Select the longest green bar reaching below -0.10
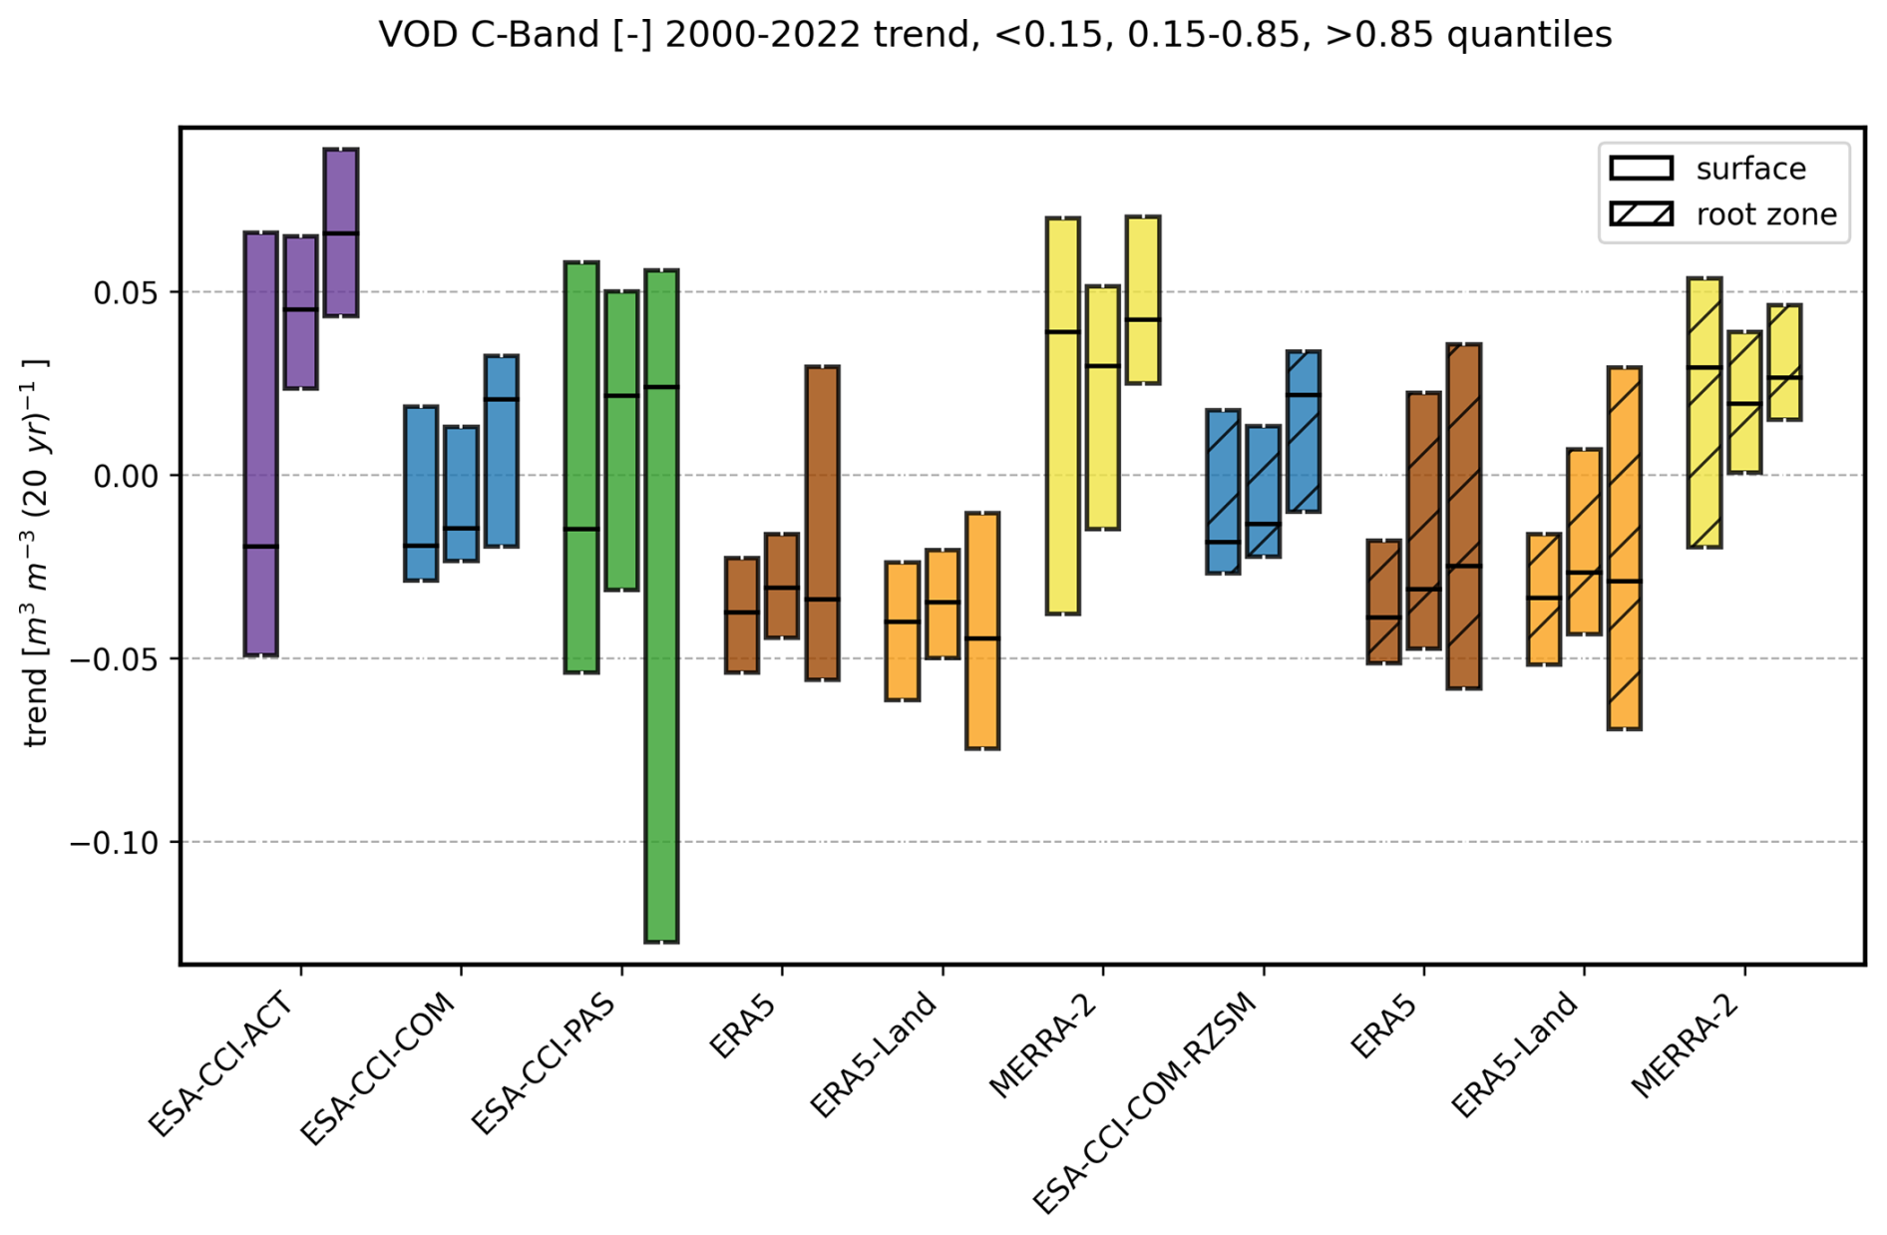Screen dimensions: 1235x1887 [661, 606]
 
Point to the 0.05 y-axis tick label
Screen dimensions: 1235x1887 [126, 293]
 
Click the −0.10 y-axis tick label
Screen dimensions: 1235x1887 [115, 844]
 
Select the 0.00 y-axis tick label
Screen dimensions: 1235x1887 [126, 477]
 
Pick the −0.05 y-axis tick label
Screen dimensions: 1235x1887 [115, 660]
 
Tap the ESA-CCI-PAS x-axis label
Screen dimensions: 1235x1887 [545, 1063]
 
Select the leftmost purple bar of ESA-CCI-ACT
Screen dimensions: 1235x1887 [261, 444]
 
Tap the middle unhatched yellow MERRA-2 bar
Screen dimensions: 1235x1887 [1102, 407]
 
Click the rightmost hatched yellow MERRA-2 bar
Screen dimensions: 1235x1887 [1784, 362]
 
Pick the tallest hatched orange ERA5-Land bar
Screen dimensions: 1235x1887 [1625, 548]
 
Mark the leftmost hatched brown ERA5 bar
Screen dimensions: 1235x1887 [1383, 602]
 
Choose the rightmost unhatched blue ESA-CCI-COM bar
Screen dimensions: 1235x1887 [501, 451]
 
